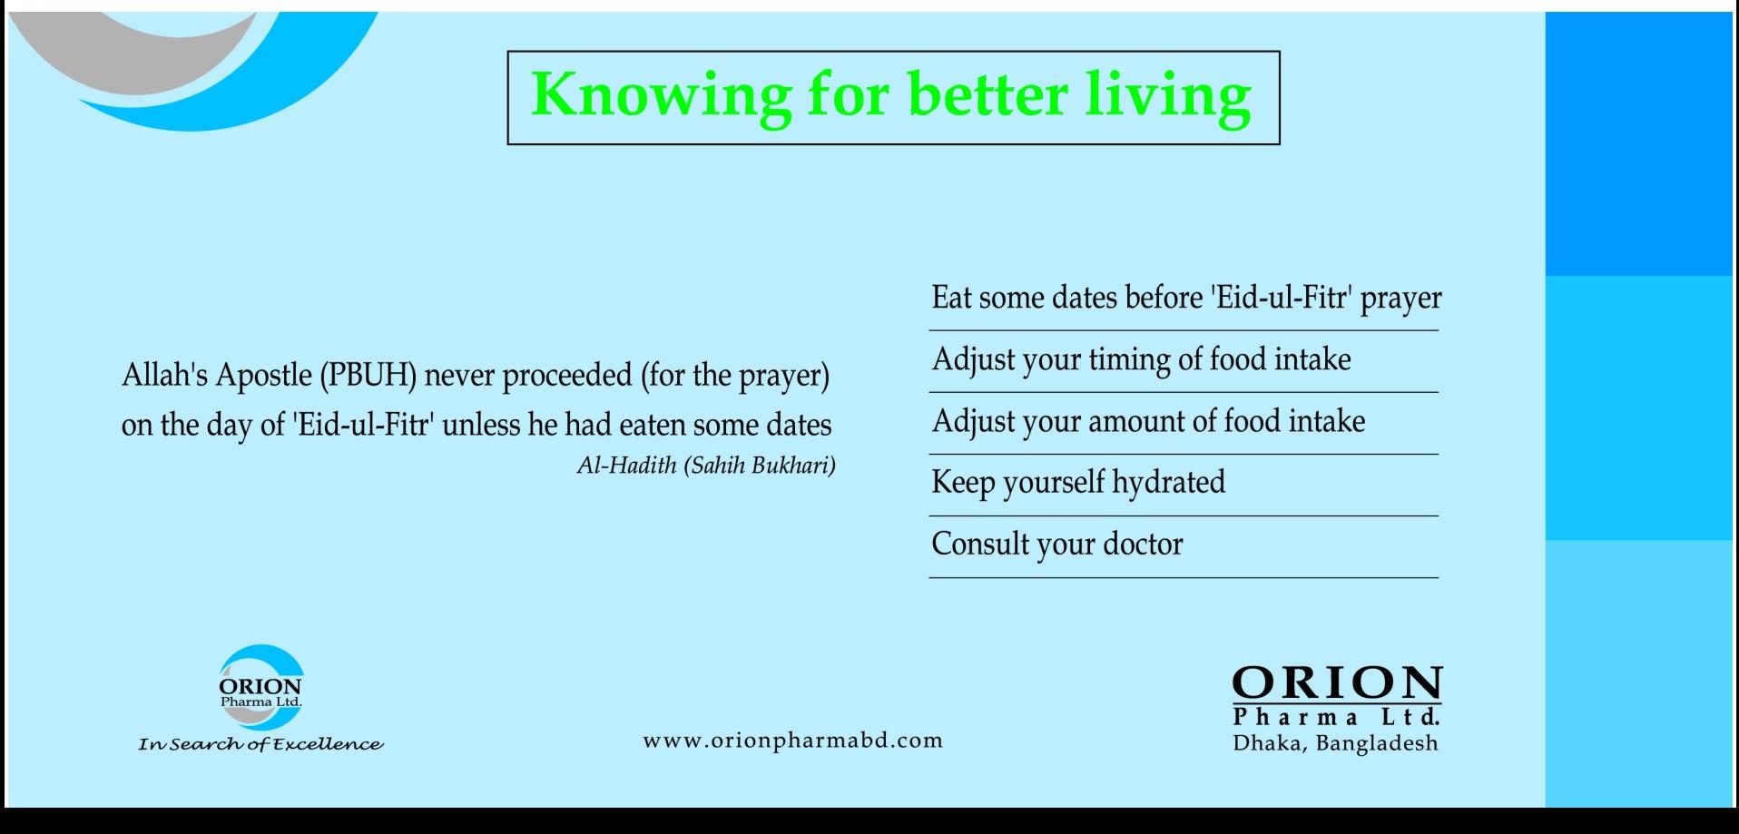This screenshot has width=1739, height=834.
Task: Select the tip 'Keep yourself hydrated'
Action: pyautogui.click(x=1078, y=483)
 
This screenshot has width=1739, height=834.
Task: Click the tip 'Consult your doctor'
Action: pyautogui.click(x=1057, y=544)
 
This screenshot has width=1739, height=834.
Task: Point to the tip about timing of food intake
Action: pyautogui.click(x=1141, y=360)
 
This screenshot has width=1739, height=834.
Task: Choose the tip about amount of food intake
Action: pyautogui.click(x=1148, y=422)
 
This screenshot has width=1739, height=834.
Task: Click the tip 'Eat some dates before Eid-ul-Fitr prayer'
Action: pyautogui.click(x=1186, y=299)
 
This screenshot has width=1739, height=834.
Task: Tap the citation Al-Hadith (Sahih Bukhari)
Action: pyautogui.click(x=706, y=466)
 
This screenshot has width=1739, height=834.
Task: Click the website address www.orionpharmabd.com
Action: pyautogui.click(x=793, y=741)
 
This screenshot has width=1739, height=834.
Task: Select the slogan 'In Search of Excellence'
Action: pyautogui.click(x=260, y=745)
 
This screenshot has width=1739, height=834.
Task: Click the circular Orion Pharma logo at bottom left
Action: pyautogui.click(x=261, y=687)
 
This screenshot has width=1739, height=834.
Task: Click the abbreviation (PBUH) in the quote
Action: pyautogui.click(x=368, y=376)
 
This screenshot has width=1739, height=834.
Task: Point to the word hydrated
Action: pyautogui.click(x=1169, y=483)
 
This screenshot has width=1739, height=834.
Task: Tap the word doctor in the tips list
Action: pyautogui.click(x=1143, y=544)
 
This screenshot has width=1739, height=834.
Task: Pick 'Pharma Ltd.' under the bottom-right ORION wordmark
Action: pyautogui.click(x=1337, y=717)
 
